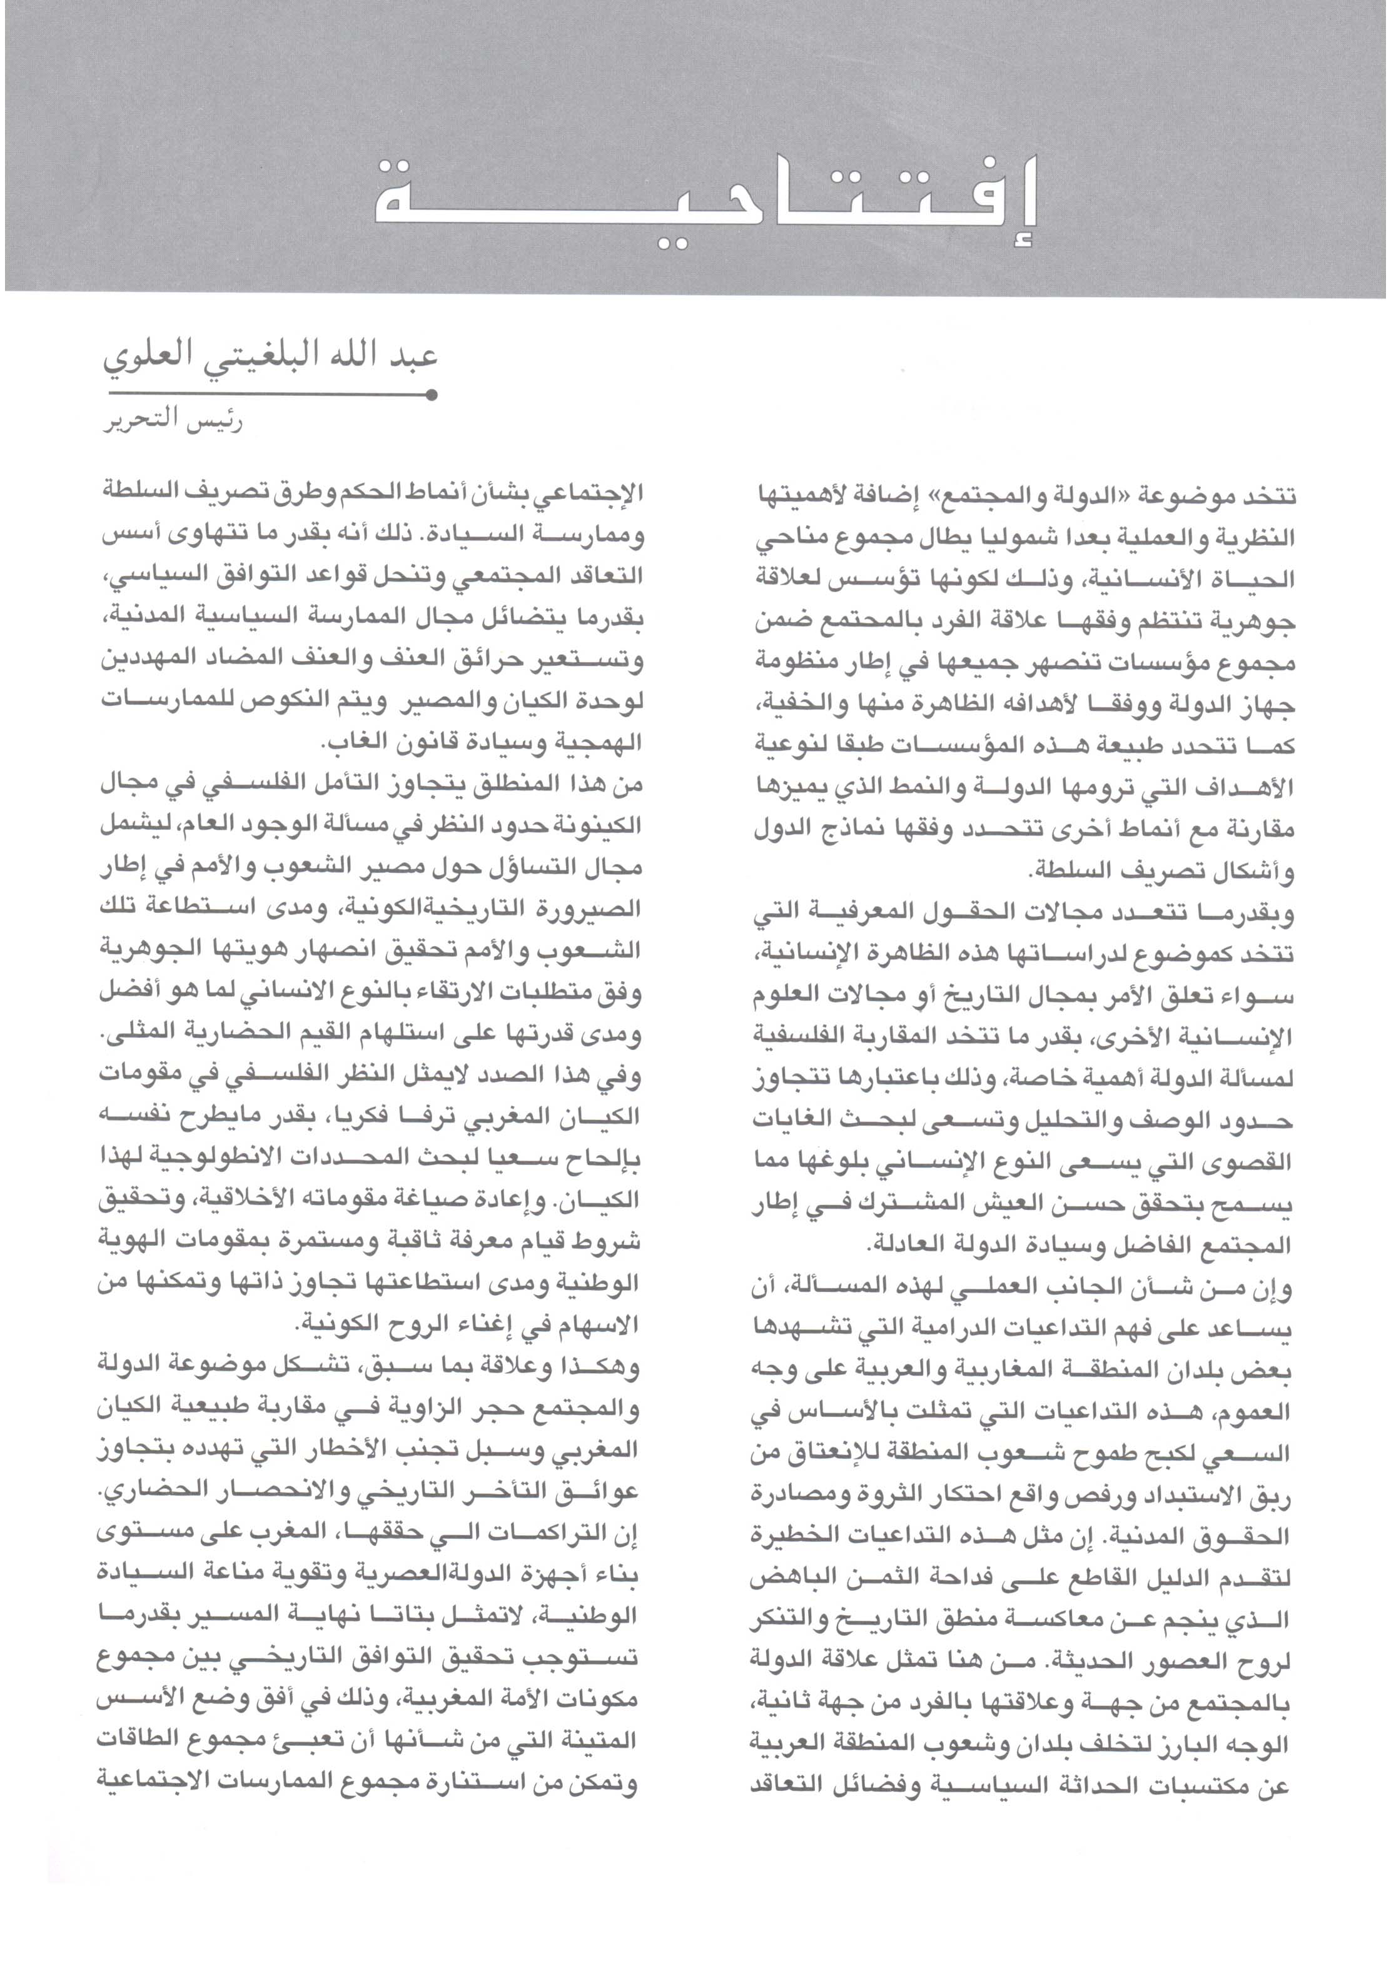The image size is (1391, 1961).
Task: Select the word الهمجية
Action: click(597, 742)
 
